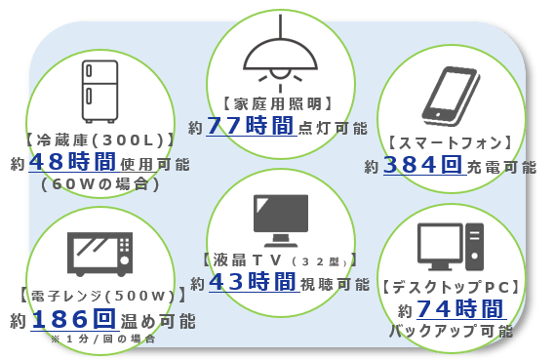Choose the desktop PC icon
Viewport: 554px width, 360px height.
point(450,247)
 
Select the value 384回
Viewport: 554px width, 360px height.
point(422,165)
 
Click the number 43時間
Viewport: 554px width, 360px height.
point(252,282)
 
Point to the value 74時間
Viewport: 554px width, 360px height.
point(459,309)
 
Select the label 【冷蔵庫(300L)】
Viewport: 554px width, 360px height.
point(100,139)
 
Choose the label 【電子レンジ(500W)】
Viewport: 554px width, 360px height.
point(100,296)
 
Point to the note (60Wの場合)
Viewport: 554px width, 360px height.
point(100,182)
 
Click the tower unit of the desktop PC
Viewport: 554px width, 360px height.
point(474,247)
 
